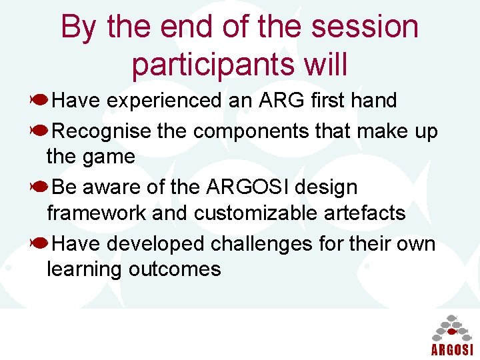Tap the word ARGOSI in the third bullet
[x=245, y=187]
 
